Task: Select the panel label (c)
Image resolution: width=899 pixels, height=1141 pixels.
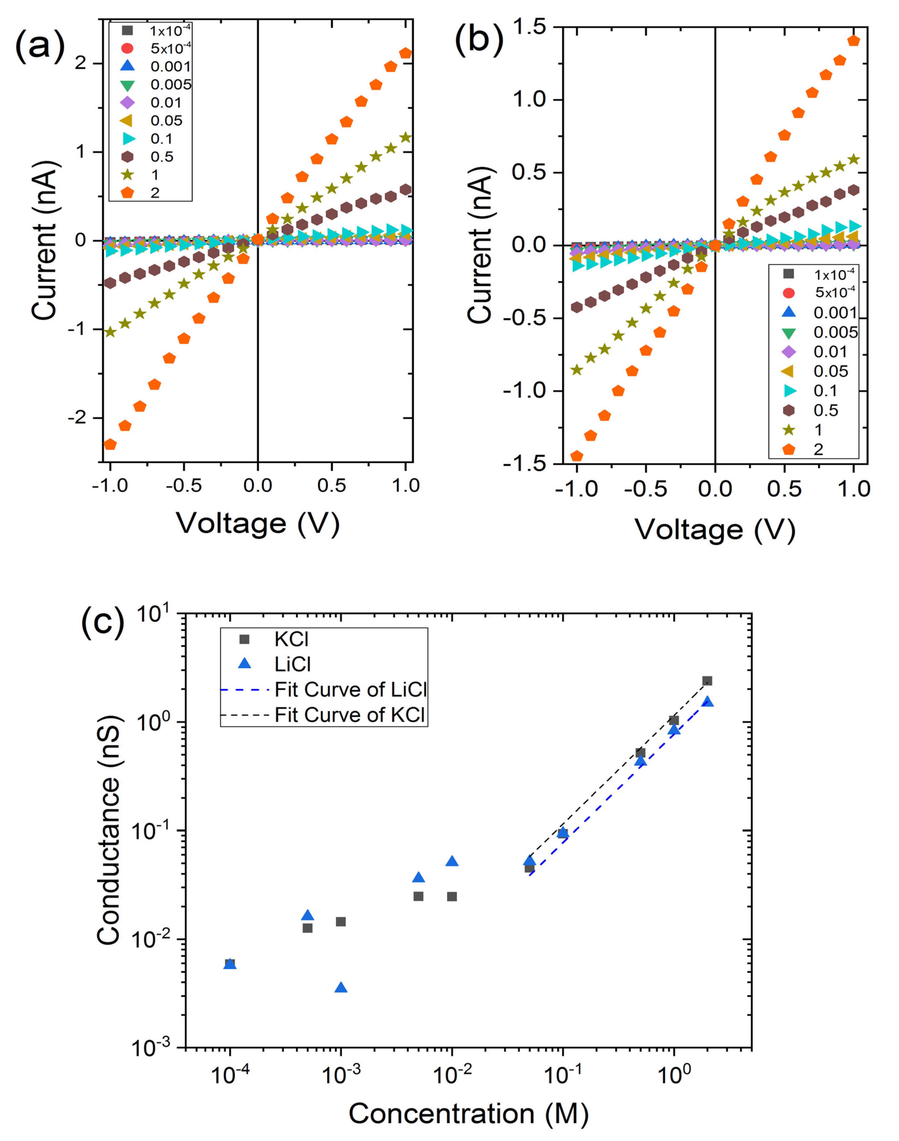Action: coord(103,622)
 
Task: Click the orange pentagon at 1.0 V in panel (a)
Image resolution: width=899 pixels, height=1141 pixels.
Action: coord(405,53)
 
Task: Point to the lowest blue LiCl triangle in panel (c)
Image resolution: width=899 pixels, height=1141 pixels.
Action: coord(341,988)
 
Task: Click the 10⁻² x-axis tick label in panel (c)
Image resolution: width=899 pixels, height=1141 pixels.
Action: coord(452,1074)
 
